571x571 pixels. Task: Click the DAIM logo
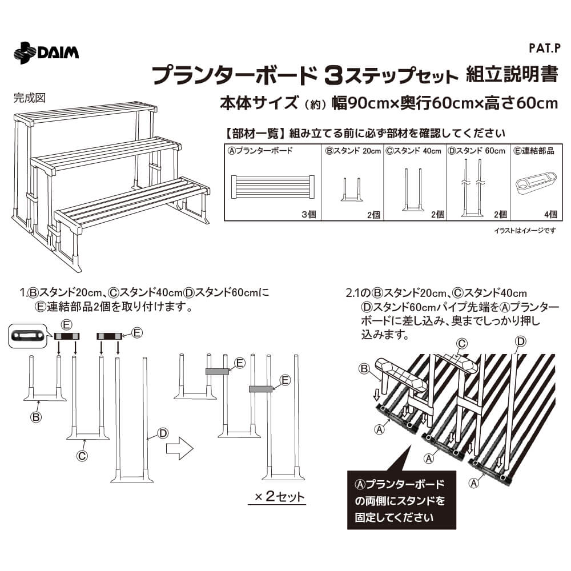coord(46,53)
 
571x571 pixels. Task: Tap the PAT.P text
coord(544,49)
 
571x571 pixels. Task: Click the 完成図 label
coord(30,98)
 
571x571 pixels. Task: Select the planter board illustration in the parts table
coord(273,187)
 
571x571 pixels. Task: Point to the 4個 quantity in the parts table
coord(550,215)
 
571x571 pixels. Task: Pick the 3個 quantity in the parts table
coord(308,215)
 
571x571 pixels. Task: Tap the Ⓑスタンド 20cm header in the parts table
coord(353,151)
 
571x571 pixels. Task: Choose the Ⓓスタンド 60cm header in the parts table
coord(476,151)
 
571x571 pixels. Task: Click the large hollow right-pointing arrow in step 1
coord(179,448)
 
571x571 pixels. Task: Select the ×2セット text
coord(279,496)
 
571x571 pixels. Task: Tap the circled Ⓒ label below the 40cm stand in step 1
coord(82,456)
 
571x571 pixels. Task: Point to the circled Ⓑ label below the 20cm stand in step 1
coord(35,417)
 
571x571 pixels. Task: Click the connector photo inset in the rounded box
coord(28,335)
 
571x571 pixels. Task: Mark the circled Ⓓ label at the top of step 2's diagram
coord(521,341)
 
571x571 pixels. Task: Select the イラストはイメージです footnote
coord(525,230)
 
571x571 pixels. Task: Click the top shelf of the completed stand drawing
coord(86,112)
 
